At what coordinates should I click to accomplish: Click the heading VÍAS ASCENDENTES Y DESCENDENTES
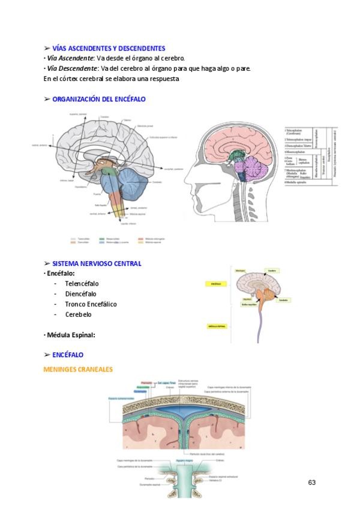pos(108,48)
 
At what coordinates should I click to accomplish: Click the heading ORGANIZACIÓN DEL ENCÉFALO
pos(98,99)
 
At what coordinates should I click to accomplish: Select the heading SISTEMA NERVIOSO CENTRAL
pos(97,264)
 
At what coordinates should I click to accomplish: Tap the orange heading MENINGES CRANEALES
pos(78,369)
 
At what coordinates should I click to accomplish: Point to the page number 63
pos(311,483)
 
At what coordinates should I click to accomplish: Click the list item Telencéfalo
pos(82,283)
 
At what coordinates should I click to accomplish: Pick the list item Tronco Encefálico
pos(91,304)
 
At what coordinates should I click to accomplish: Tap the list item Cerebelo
pos(79,315)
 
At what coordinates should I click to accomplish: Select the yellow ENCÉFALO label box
pos(217,283)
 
